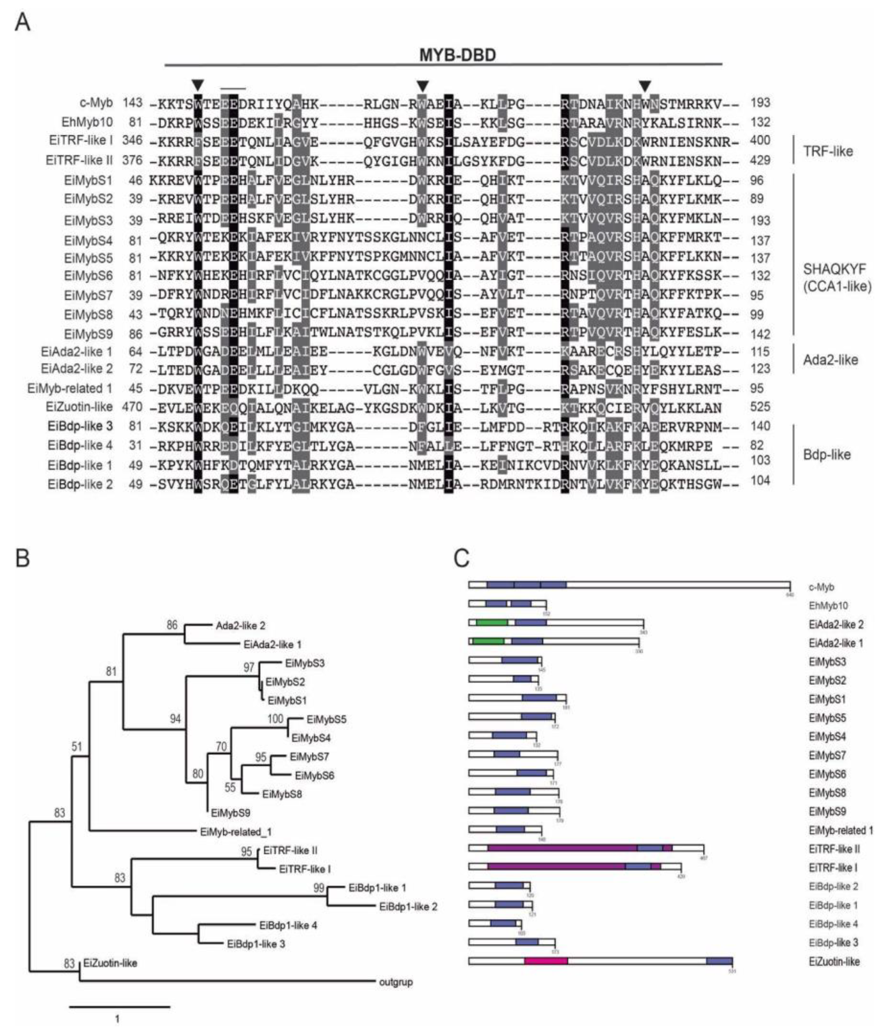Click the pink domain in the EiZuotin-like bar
click(546, 961)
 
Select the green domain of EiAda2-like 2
click(492, 623)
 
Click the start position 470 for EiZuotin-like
click(132, 407)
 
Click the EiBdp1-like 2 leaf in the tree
click(408, 907)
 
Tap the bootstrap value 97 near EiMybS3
click(249, 667)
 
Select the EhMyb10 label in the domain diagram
click(828, 606)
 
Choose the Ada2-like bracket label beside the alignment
click(830, 360)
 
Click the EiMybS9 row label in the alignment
click(88, 333)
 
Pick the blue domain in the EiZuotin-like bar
click(719, 961)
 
